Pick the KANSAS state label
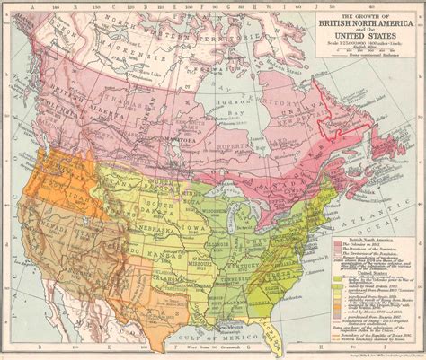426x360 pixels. point(160,245)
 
